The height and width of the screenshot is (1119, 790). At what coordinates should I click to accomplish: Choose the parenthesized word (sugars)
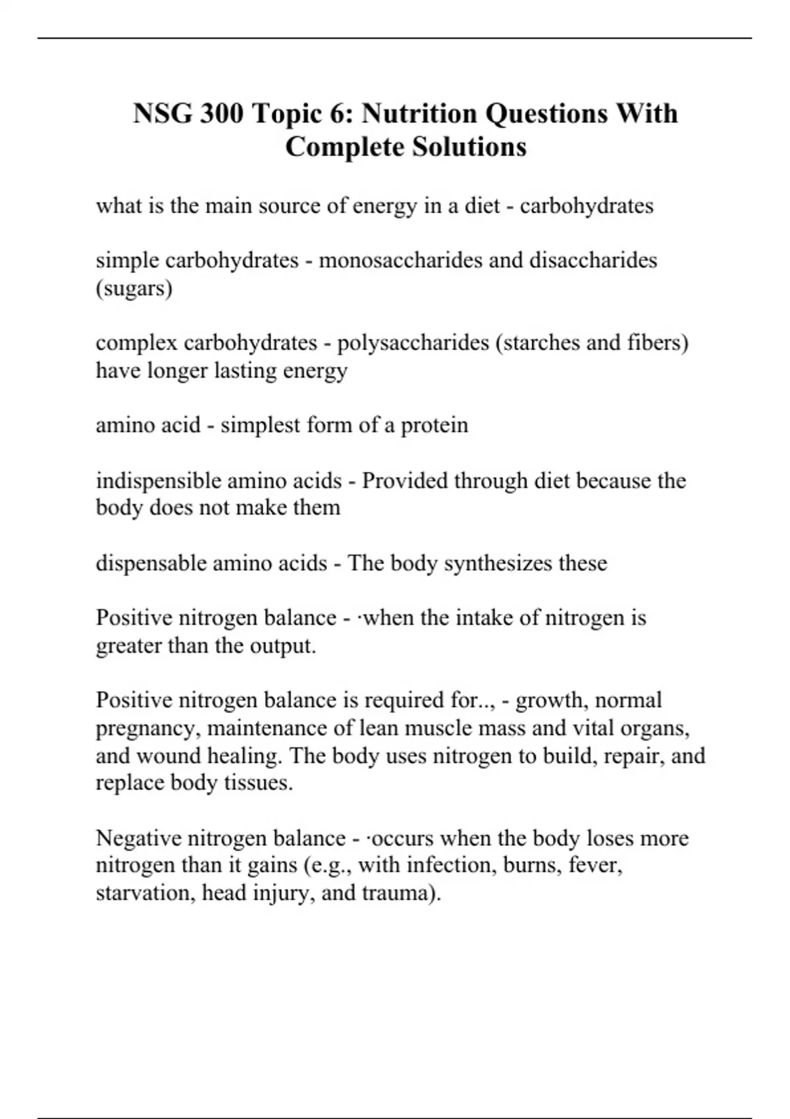[134, 288]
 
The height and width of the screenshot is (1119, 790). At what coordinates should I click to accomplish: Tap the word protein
[434, 425]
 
